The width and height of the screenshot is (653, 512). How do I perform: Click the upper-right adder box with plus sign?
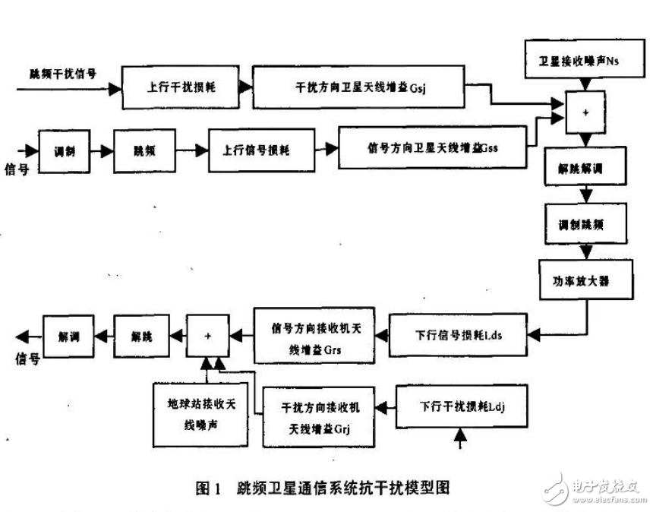click(585, 112)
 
